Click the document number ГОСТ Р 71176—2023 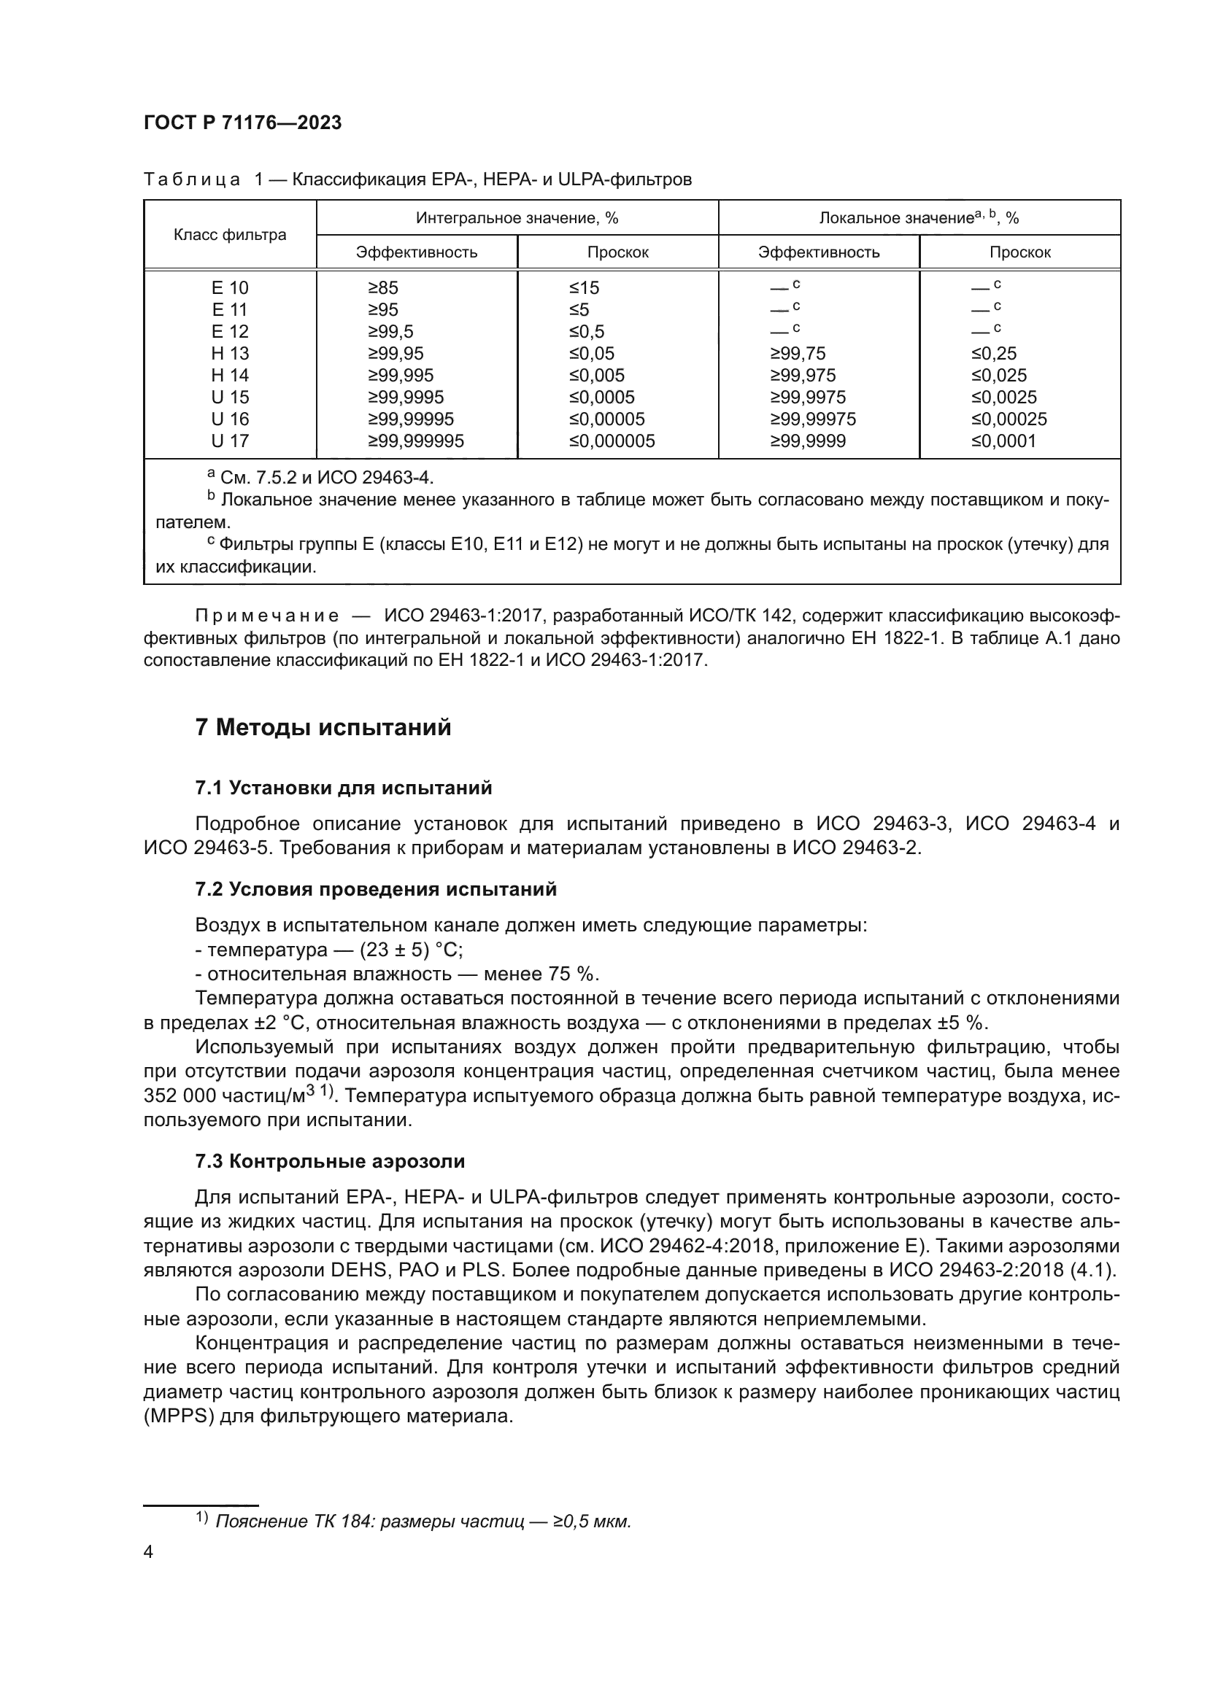[242, 123]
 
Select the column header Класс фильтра [230, 235]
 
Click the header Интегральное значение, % [517, 217]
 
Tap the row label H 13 [230, 353]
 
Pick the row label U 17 [230, 441]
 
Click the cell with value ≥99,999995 [415, 441]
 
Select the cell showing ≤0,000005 [612, 441]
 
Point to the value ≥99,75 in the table [798, 353]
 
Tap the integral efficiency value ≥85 [383, 287]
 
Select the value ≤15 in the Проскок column [584, 287]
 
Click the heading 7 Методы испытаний [323, 726]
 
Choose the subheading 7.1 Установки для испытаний [344, 788]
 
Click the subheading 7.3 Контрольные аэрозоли [330, 1160]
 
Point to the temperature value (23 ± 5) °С [410, 950]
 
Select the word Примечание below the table [267, 616]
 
